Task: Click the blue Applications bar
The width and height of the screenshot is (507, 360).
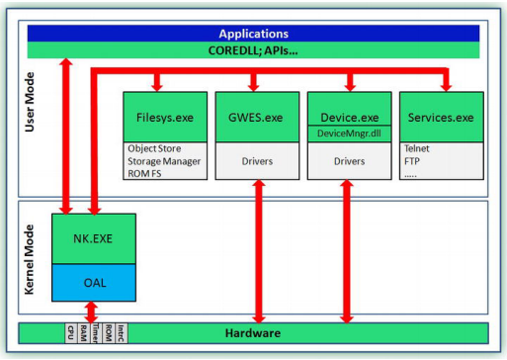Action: click(255, 33)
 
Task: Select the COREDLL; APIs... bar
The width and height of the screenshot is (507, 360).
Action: click(255, 49)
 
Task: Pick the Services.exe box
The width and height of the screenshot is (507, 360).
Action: click(439, 117)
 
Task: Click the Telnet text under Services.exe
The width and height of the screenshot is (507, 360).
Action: click(418, 148)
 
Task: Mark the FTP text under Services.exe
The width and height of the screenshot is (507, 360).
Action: click(412, 161)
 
